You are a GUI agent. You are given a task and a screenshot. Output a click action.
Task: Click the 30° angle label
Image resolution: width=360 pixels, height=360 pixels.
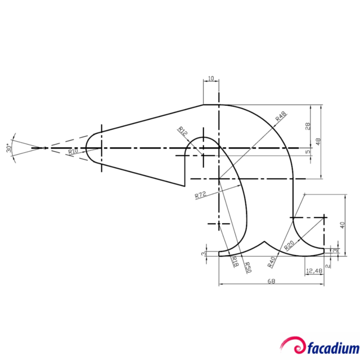point(8,148)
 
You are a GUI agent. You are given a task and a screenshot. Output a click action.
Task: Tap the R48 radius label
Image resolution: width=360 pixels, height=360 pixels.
point(281,116)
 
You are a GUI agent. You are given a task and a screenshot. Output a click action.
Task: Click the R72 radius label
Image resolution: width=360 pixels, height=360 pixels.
point(200,195)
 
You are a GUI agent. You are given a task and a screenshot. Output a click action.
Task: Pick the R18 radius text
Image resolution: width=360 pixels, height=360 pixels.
point(235,261)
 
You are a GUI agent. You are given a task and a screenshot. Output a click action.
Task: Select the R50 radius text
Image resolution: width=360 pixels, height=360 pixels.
point(247,266)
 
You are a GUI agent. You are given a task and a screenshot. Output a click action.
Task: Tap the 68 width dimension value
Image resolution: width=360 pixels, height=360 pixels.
point(271,281)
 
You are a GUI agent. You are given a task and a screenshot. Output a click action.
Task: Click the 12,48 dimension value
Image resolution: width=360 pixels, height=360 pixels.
point(314,272)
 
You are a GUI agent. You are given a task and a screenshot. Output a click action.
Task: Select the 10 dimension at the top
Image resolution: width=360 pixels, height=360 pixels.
point(211,78)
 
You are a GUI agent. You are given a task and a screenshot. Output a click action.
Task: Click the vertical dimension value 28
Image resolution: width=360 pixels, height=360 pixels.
point(308,127)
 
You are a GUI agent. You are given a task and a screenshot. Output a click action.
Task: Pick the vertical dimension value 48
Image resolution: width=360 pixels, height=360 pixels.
point(318,142)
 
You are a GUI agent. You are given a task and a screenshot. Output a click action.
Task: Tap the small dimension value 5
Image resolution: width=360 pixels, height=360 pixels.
point(308,152)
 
